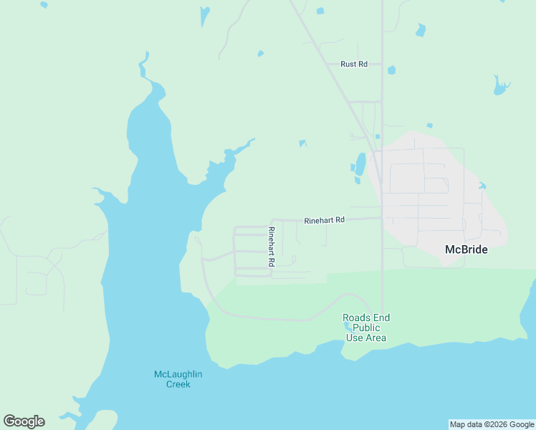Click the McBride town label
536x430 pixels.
[466, 249]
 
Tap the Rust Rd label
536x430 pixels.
[354, 64]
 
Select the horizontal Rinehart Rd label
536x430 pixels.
[325, 220]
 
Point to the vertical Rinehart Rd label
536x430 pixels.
[272, 247]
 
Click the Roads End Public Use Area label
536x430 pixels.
[366, 328]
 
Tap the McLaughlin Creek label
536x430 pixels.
[178, 378]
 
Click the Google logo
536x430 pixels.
[24, 421]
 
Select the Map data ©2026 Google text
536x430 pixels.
[492, 424]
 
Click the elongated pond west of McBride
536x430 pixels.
[360, 164]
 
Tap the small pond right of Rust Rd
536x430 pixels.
[391, 70]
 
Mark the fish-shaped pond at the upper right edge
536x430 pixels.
[500, 86]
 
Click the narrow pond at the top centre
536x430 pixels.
[205, 16]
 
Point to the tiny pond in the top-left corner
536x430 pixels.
[44, 4]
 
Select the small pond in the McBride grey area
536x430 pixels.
[482, 186]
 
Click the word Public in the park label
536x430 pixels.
[366, 328]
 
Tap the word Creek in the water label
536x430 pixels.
[178, 384]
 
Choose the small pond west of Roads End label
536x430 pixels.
[348, 326]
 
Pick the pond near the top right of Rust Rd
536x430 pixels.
[420, 30]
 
